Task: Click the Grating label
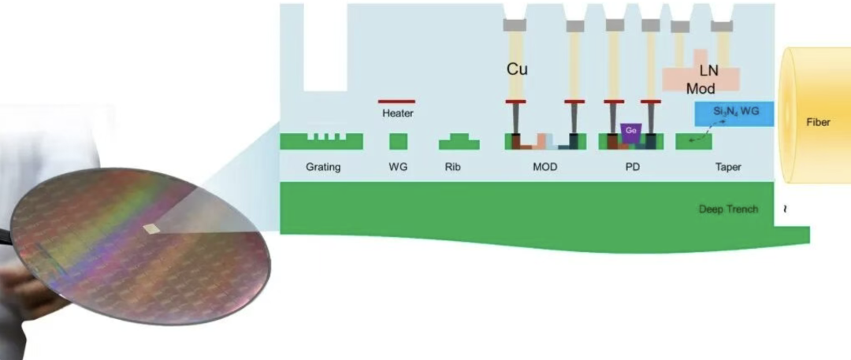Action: pos(323,167)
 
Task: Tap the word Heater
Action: pos(398,113)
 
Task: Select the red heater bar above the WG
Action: pos(396,102)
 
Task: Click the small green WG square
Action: pos(399,142)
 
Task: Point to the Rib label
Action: pos(452,167)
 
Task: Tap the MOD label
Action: pos(545,167)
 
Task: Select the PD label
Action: pos(632,167)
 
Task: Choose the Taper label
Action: pos(728,167)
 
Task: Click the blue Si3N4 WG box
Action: pos(734,113)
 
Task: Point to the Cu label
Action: pos(517,69)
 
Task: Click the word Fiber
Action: pos(818,122)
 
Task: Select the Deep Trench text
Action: pos(728,209)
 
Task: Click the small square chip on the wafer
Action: pos(152,228)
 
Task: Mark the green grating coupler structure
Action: pos(321,141)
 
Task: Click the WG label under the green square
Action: pos(398,167)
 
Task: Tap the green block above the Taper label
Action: pos(693,141)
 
